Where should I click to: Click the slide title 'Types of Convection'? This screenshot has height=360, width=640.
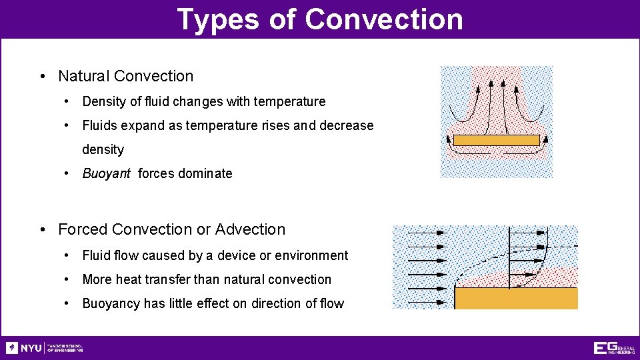click(320, 19)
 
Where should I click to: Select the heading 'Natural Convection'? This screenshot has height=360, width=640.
click(125, 76)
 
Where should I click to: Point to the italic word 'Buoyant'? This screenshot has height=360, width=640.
click(106, 174)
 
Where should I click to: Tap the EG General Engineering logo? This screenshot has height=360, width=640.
click(613, 348)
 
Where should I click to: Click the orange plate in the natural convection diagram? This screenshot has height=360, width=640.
click(496, 140)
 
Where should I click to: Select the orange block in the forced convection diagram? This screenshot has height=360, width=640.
click(515, 298)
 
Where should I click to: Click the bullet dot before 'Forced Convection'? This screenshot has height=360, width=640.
click(43, 230)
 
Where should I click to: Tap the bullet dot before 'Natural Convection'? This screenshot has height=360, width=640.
click(43, 77)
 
